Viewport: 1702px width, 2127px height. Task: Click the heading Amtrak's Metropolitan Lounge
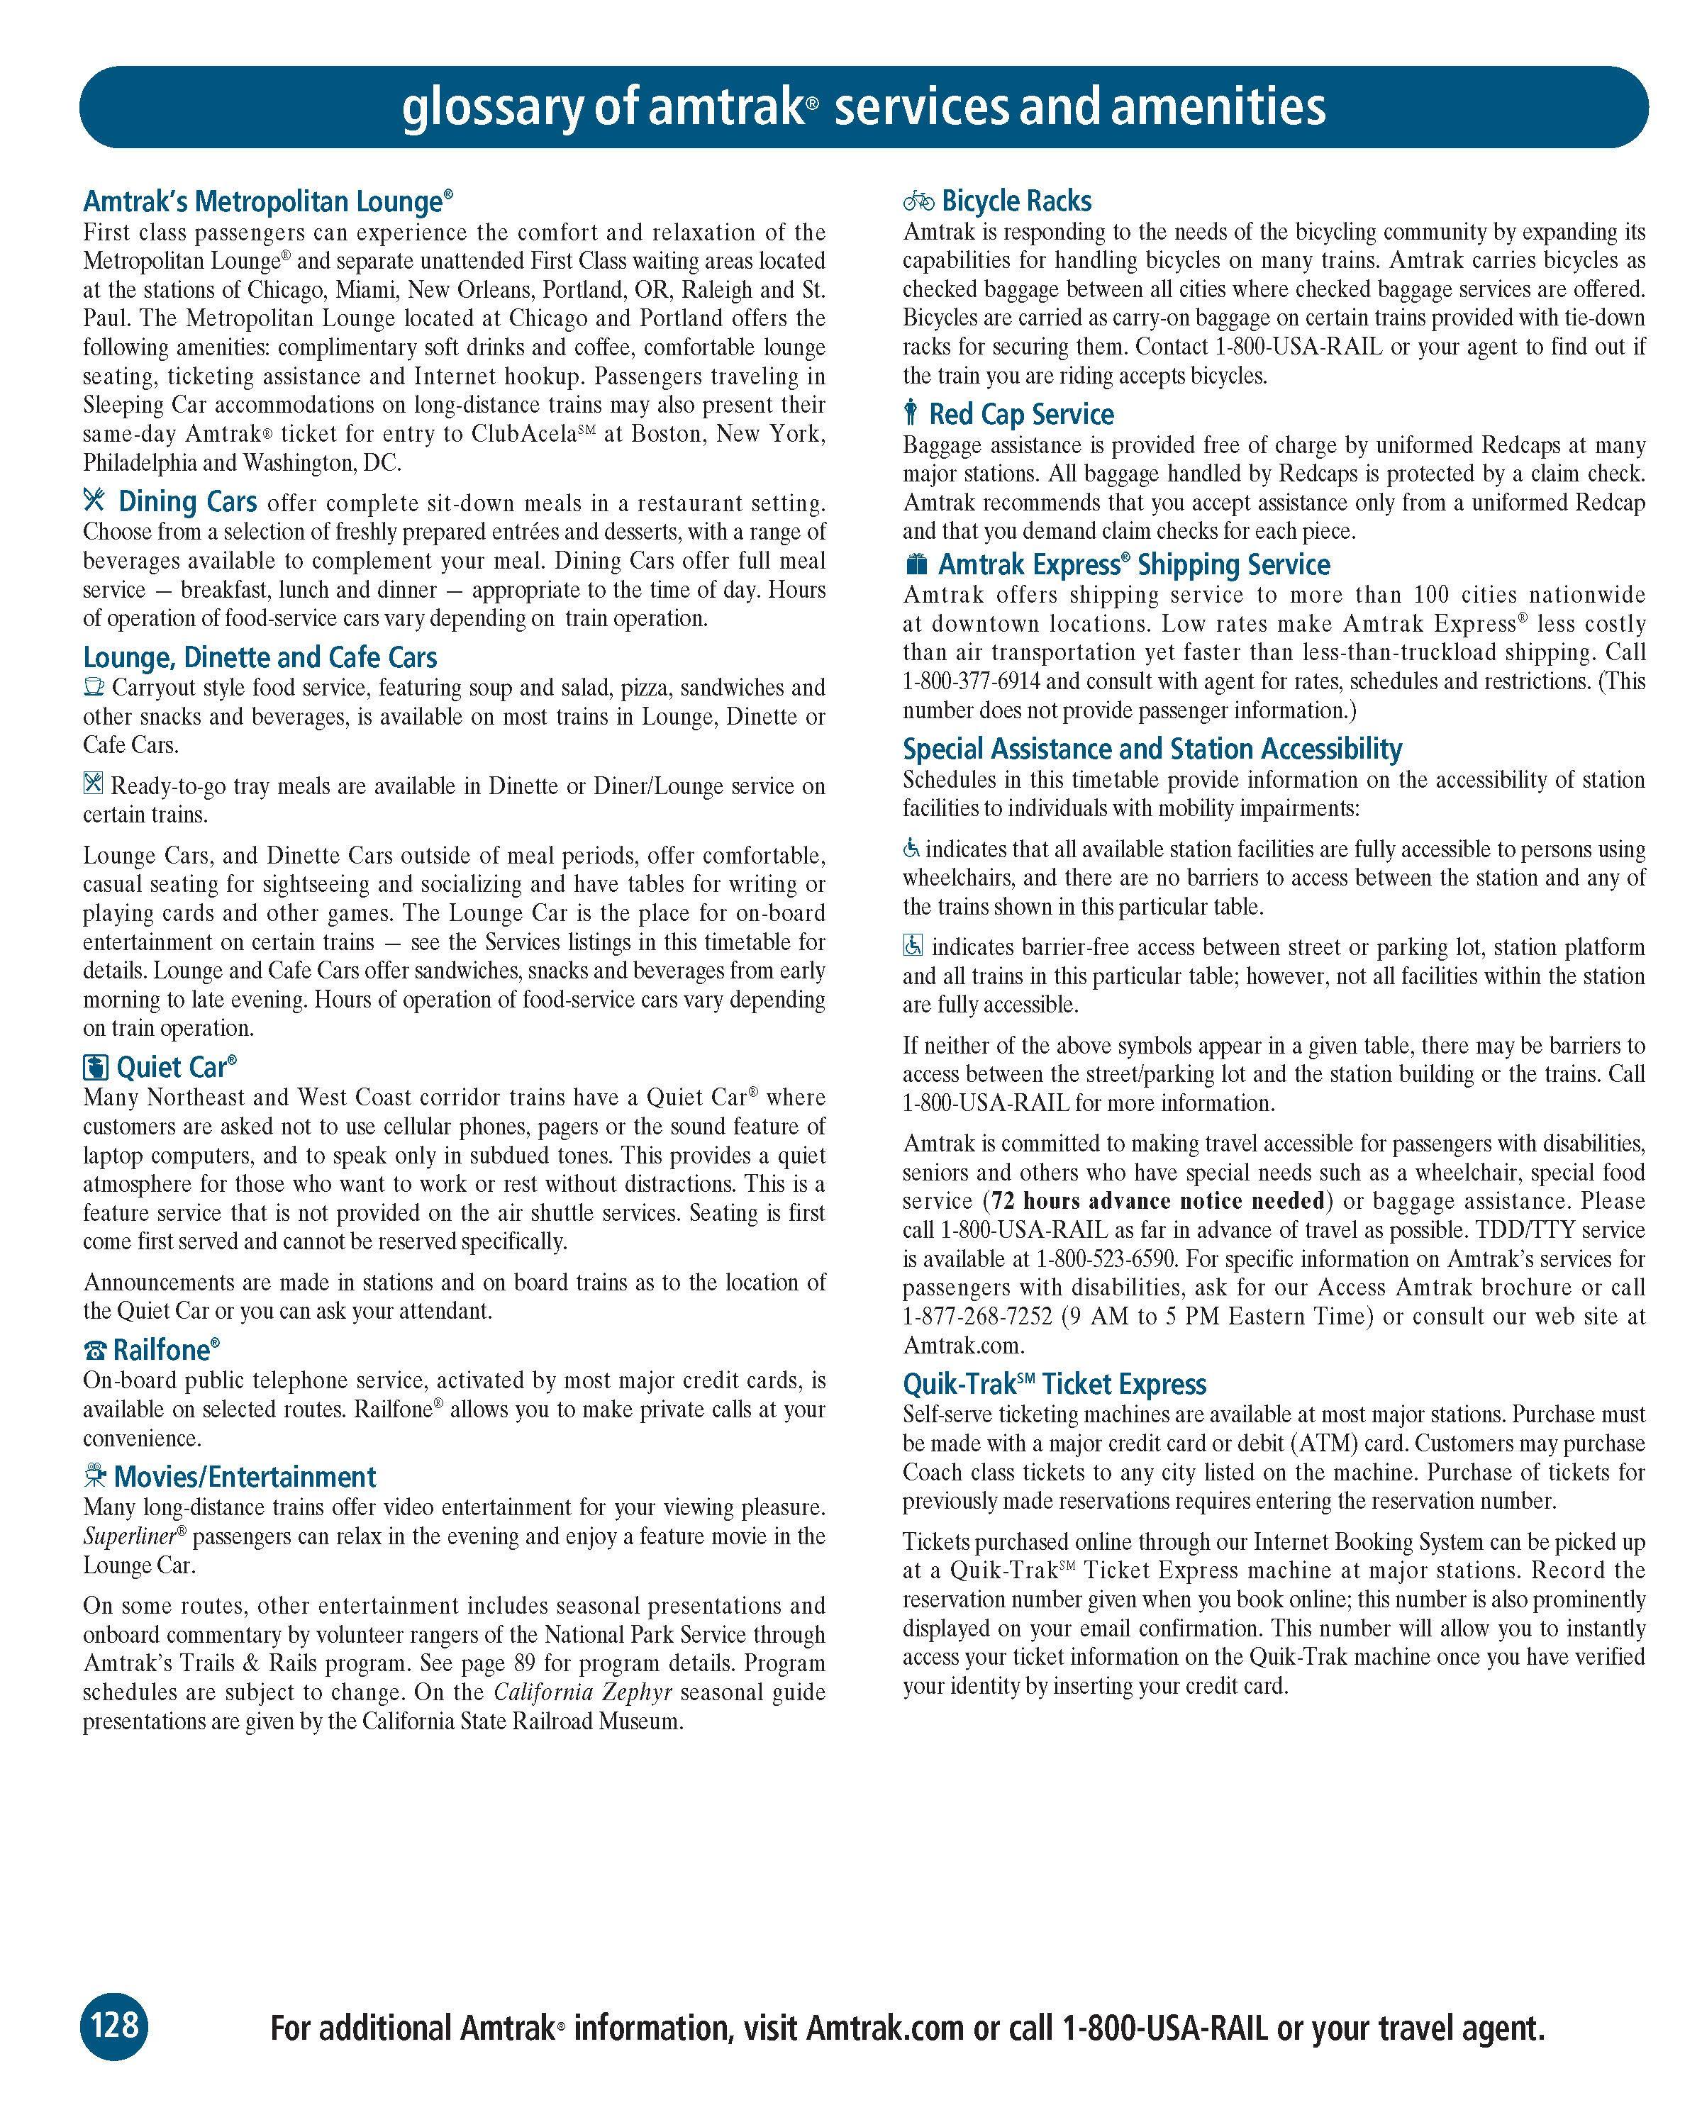(267, 202)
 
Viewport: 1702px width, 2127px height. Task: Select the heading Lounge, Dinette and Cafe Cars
(260, 657)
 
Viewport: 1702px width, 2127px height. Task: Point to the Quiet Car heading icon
(95, 1068)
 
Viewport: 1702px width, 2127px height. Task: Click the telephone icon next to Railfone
(95, 1351)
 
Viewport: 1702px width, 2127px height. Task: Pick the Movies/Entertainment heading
(245, 1477)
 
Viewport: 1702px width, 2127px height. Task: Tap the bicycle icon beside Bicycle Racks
(918, 201)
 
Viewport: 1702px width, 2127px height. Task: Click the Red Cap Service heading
(1021, 414)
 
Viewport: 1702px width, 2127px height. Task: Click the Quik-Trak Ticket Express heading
(1054, 1384)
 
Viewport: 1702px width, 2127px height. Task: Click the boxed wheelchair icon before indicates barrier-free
(913, 946)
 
